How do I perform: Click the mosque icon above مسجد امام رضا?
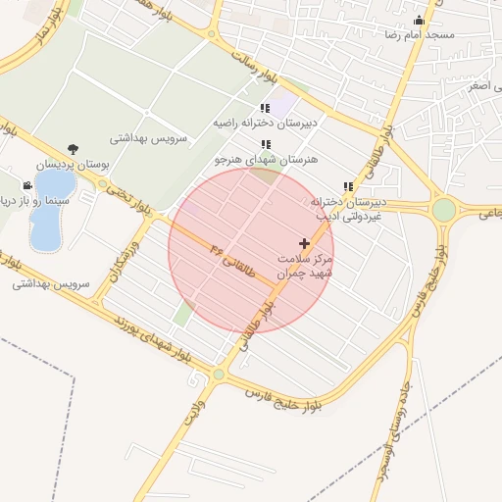coord(421,21)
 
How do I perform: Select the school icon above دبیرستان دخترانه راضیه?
coord(265,108)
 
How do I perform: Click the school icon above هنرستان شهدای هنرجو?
coord(266,144)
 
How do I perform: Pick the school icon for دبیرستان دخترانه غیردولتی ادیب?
coord(348,186)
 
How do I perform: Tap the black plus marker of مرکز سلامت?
coord(304,242)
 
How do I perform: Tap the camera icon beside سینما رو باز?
coord(26,185)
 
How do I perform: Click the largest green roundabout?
coord(444,210)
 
